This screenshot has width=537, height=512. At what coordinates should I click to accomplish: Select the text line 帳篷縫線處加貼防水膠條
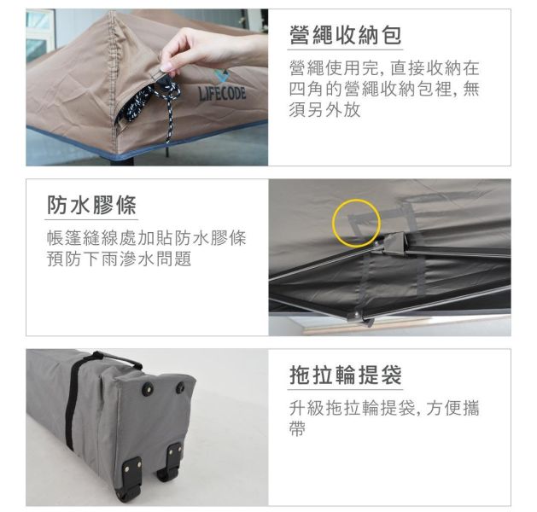[145, 237]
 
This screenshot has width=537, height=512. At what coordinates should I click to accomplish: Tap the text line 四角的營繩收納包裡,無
[383, 88]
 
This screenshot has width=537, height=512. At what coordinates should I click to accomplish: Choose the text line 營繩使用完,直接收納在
[383, 67]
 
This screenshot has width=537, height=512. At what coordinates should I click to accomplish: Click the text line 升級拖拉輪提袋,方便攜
[383, 408]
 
